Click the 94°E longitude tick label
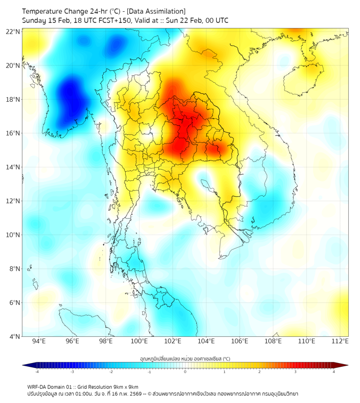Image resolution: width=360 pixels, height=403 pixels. [x=38, y=341]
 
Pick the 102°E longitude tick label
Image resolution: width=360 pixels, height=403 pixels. [x=173, y=341]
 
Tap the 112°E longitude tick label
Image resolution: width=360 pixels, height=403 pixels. [x=340, y=341]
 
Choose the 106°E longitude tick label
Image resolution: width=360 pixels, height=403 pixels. [x=240, y=341]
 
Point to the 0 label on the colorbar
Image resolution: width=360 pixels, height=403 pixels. [x=185, y=372]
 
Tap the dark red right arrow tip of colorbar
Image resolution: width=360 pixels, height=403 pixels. [x=346, y=365]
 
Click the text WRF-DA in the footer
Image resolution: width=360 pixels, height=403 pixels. [x=38, y=386]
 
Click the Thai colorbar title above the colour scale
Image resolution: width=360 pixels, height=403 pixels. [x=185, y=358]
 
